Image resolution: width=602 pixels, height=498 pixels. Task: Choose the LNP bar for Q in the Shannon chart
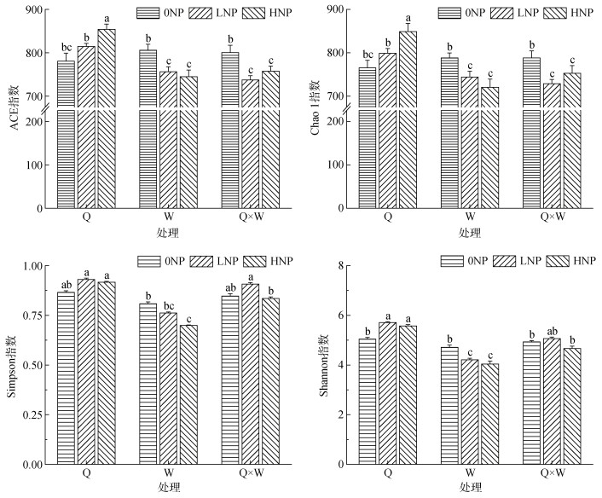pyautogui.click(x=388, y=393)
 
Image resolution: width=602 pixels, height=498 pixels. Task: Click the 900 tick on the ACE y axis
pyautogui.click(x=34, y=9)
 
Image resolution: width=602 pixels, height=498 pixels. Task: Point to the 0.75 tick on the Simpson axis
pyautogui.click(x=32, y=316)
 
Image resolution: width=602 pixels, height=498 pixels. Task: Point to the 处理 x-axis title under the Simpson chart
pyautogui.click(x=168, y=487)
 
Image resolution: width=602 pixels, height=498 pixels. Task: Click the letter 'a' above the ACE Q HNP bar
pyautogui.click(x=107, y=19)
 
